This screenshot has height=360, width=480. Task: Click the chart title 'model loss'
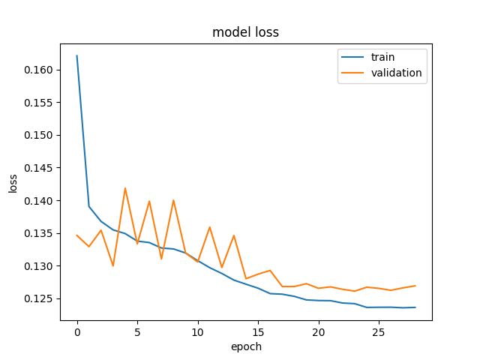[x=245, y=32]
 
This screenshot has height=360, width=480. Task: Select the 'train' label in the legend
[x=382, y=57]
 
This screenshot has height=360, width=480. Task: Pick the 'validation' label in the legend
[x=397, y=73]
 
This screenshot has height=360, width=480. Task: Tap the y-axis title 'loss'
[x=13, y=183]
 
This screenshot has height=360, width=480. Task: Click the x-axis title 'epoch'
[x=246, y=346]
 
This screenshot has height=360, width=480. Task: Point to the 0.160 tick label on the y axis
[x=38, y=70]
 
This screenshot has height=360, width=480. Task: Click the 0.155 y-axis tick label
[x=38, y=103]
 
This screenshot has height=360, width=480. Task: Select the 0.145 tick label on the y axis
[x=38, y=168]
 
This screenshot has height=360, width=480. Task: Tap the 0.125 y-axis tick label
[x=38, y=298]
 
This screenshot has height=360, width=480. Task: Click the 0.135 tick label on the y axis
[x=38, y=233]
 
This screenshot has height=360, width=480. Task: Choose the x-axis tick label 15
[x=258, y=332]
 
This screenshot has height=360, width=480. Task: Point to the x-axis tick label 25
[x=379, y=332]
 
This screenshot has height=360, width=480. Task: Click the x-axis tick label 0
[x=77, y=332]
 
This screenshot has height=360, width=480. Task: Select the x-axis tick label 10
[x=198, y=332]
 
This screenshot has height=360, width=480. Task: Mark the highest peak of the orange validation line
[x=125, y=188]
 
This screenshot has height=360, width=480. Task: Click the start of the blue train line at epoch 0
[x=76, y=55]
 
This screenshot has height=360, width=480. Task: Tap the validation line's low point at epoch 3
[x=113, y=266]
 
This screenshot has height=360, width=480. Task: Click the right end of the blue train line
[x=415, y=307]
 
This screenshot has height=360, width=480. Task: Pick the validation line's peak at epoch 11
[x=210, y=226]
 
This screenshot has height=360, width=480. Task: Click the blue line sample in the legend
[x=352, y=57]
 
